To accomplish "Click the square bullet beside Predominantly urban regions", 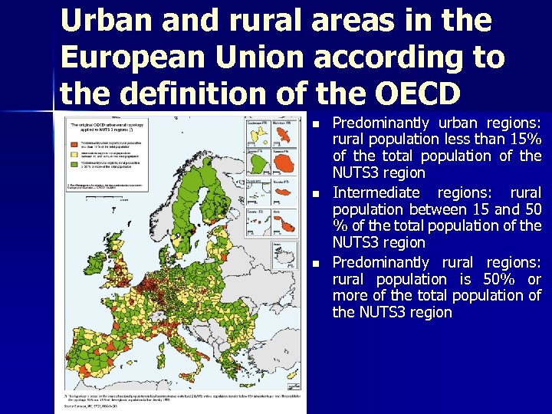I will click(317, 123).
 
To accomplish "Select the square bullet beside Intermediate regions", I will click(317, 193).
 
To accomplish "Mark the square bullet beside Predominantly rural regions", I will click(317, 263).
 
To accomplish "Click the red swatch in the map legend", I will click(74, 143).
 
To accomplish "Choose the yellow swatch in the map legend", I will click(74, 153).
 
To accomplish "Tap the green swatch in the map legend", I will click(74, 163).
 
